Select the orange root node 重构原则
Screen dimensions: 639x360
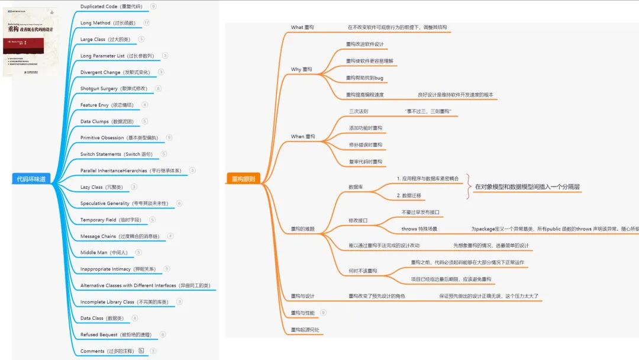click(243, 179)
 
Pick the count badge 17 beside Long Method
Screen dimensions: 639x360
click(146, 22)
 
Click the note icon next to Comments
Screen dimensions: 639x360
click(141, 351)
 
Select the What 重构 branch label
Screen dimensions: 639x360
click(302, 28)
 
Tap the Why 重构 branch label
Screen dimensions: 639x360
click(301, 69)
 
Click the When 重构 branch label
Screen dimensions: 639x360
click(303, 136)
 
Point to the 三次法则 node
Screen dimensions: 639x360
click(359, 111)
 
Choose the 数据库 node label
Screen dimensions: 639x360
click(356, 187)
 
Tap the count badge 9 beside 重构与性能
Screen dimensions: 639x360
click(323, 313)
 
